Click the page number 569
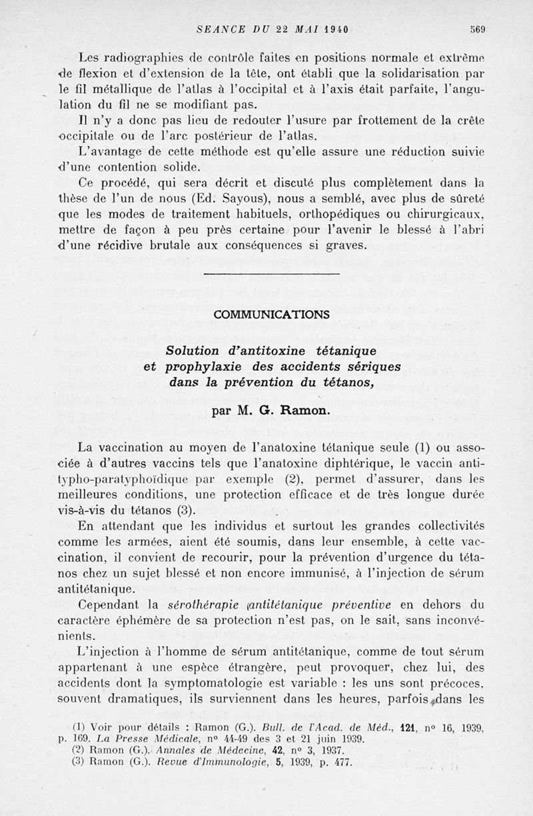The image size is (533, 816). (476, 29)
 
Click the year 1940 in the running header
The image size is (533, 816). (336, 29)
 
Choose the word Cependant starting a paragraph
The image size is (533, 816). (109, 604)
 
